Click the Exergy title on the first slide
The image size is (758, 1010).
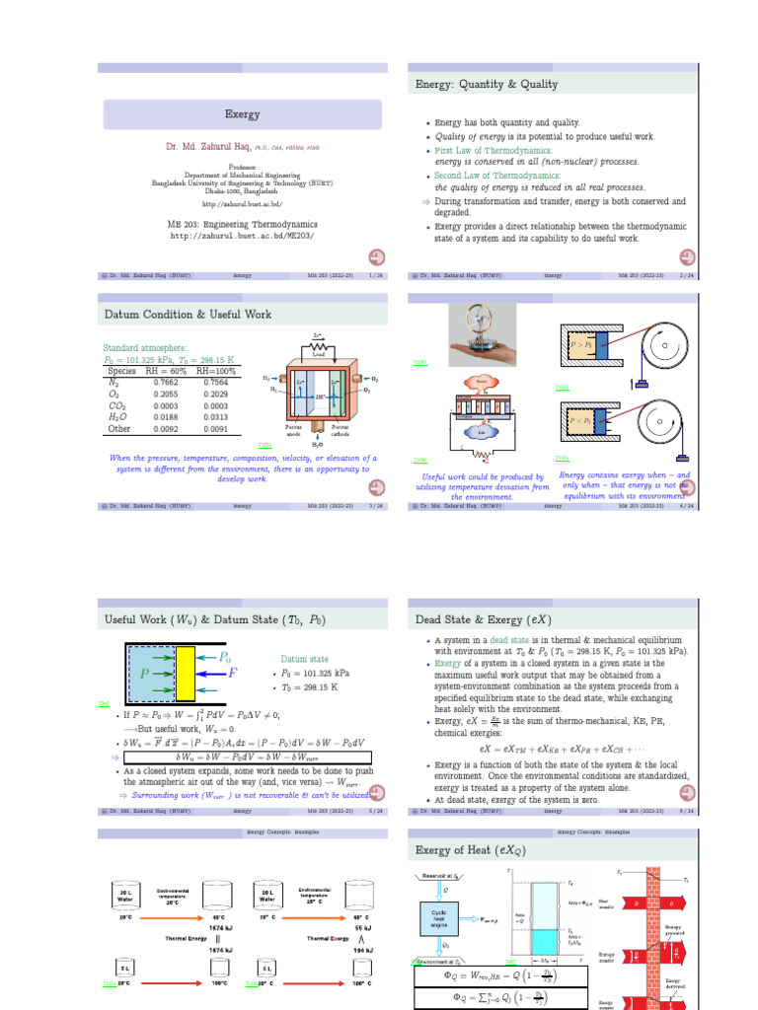[x=243, y=114]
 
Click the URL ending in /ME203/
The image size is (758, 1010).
[x=243, y=237]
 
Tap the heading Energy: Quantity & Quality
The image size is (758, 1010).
[x=487, y=85]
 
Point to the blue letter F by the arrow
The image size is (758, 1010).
[x=232, y=674]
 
